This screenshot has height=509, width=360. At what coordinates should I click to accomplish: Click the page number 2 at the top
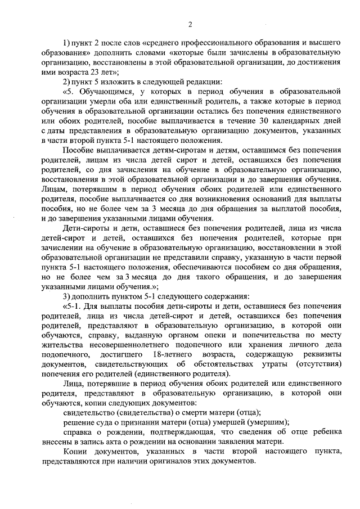coord(191,24)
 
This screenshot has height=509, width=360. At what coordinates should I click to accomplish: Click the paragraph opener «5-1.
coord(73,307)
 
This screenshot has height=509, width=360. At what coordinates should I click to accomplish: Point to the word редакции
coord(191,82)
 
